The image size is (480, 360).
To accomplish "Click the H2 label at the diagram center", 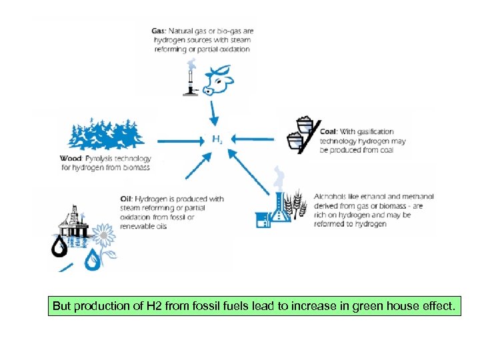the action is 217,140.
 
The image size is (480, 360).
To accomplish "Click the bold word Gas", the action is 158,31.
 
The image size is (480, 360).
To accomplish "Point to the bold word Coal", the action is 328,131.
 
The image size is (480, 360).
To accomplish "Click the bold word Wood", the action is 70,159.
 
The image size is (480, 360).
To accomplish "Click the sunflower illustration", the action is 103,235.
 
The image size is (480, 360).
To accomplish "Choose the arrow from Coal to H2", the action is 253,139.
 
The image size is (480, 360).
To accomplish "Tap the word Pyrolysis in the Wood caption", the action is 101,159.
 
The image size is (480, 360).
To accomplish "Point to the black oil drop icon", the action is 60,247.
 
